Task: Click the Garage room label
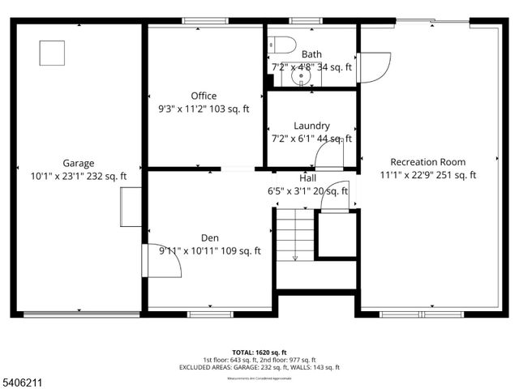coord(79,162)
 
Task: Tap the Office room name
coord(204,96)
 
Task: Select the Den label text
coord(209,237)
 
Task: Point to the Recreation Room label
coord(428,161)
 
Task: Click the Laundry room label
coord(311,126)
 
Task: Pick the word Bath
coord(311,54)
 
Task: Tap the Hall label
coord(308,177)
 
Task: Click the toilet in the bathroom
coord(275,46)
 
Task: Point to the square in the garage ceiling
coord(52,52)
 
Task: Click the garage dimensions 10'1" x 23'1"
coord(79,175)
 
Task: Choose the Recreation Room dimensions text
coord(428,174)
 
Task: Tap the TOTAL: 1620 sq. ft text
coord(259,353)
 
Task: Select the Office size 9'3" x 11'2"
coord(204,109)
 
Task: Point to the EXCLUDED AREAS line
coord(259,367)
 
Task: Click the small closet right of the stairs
coord(336,234)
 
